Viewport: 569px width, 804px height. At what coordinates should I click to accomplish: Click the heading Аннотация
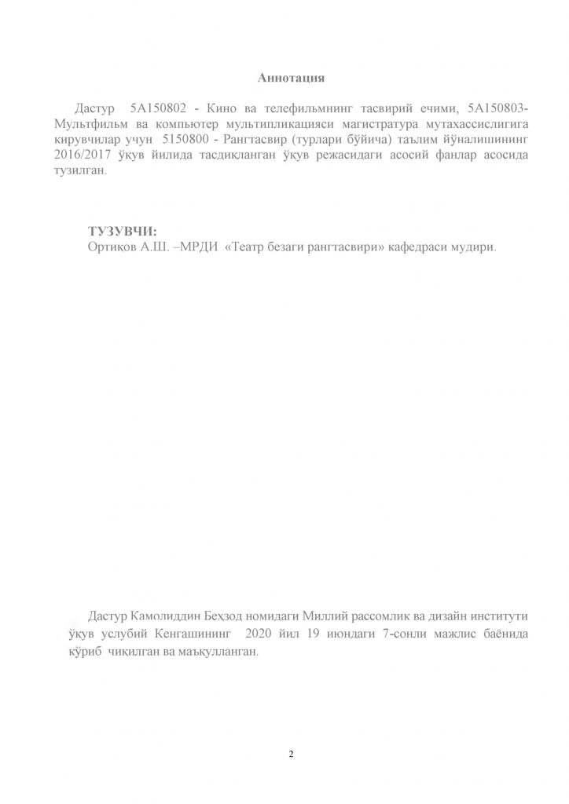pyautogui.click(x=291, y=78)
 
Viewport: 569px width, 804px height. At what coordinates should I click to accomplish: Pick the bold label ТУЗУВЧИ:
pyautogui.click(x=123, y=231)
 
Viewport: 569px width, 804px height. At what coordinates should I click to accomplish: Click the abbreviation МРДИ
pyautogui.click(x=196, y=247)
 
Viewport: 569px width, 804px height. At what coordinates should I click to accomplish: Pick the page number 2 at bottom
pyautogui.click(x=291, y=755)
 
